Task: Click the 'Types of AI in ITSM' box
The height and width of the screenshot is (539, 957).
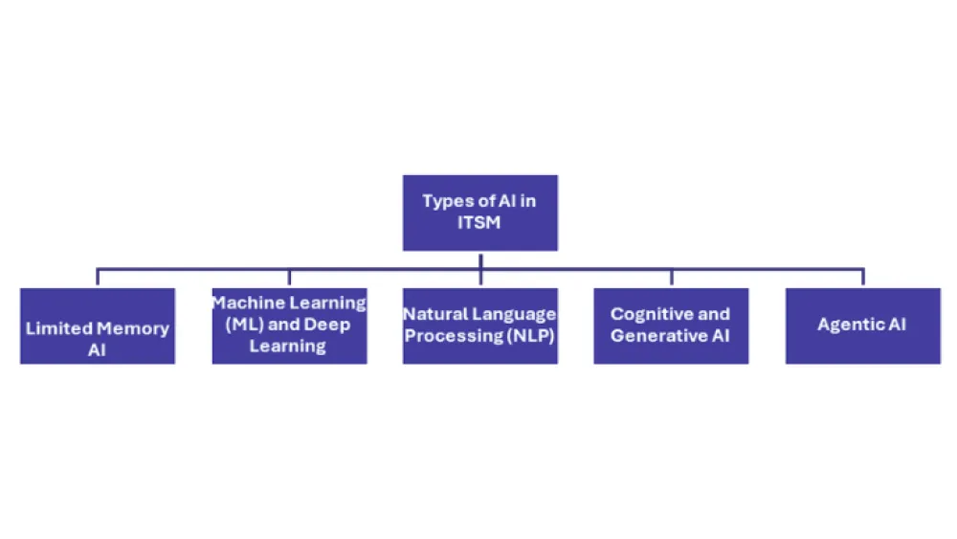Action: (x=479, y=213)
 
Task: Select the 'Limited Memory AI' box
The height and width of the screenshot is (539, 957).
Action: (x=98, y=326)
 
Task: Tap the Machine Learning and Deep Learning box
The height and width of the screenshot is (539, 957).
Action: (x=289, y=326)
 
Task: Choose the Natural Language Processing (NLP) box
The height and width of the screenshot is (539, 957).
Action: (x=479, y=326)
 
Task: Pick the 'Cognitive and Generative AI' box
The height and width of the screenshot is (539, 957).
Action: (x=671, y=326)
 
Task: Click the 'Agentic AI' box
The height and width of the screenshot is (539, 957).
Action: (x=862, y=326)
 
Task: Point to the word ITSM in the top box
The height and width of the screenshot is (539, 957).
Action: (x=479, y=222)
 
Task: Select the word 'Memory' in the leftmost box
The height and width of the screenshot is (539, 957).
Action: (x=133, y=328)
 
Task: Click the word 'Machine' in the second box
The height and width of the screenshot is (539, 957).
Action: (x=247, y=303)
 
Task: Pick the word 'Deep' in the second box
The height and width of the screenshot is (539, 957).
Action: (x=328, y=325)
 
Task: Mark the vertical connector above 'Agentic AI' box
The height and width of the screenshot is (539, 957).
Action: (x=862, y=278)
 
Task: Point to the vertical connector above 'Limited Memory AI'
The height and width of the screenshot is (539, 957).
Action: (x=98, y=278)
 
